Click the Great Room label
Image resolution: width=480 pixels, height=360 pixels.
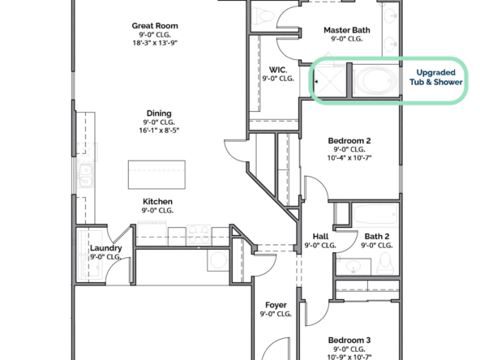point(155,26)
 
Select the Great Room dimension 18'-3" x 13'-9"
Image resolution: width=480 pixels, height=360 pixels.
point(155,42)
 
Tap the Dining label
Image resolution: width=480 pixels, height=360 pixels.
point(159,114)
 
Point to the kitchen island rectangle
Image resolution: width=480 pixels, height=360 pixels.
point(156,174)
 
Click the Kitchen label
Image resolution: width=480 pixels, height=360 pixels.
point(157,201)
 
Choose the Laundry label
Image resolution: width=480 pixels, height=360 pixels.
point(106,248)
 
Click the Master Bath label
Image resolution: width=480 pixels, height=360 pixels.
point(347,30)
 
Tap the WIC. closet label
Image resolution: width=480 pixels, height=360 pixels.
point(278,70)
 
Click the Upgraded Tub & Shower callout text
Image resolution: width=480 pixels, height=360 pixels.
point(436,77)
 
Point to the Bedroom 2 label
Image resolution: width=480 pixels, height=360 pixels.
point(349,141)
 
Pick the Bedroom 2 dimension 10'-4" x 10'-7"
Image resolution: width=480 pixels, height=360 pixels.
point(349,158)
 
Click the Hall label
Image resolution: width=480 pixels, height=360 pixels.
point(320,236)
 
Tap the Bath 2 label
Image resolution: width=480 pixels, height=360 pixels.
point(377,236)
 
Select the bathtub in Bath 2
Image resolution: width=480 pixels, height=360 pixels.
point(375,214)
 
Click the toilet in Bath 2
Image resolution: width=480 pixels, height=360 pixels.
point(385,264)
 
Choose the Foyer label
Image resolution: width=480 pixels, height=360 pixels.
point(276,305)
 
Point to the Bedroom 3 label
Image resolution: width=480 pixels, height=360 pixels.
point(349,340)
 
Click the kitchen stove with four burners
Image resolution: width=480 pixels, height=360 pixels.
point(199,235)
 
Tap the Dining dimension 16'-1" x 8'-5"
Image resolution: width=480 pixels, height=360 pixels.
point(159,131)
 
